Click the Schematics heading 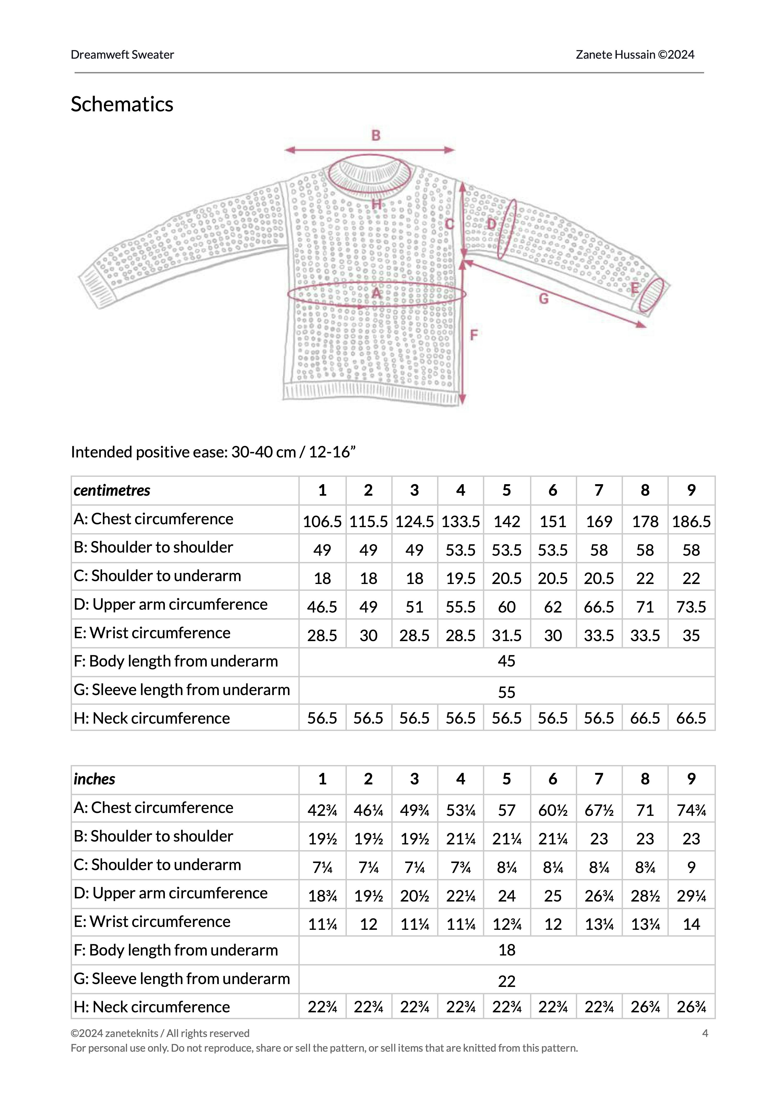coord(122,104)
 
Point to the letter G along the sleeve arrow coord(544,299)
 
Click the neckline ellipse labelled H coord(369,174)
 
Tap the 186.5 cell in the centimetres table coord(691,521)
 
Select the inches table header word coord(94,779)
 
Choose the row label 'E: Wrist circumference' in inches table coord(152,921)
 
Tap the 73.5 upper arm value coord(691,607)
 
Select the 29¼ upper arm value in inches coord(691,896)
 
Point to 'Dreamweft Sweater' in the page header coord(122,55)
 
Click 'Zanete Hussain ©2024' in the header coord(635,55)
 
